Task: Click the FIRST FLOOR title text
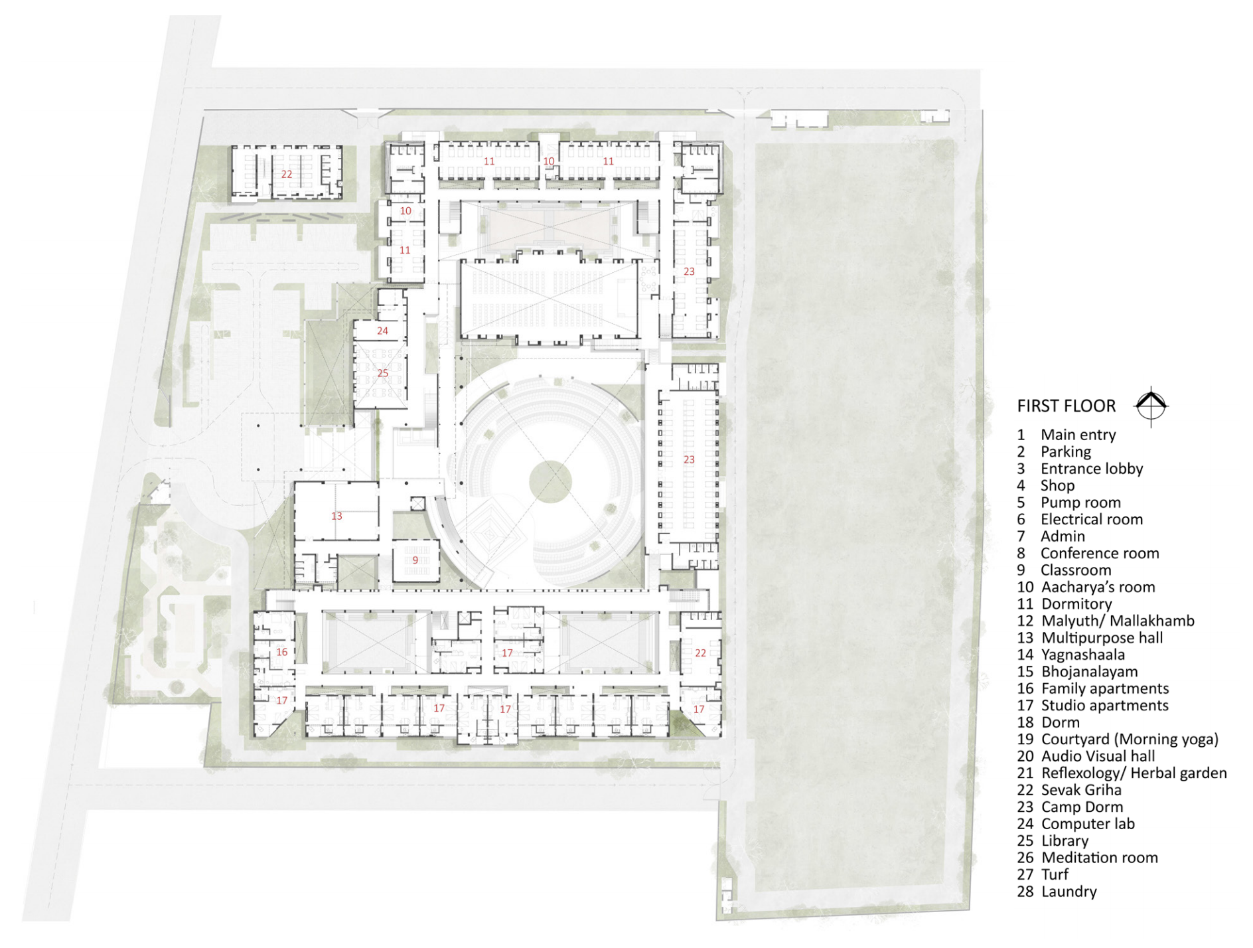(x=1066, y=406)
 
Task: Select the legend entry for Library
(x=1053, y=840)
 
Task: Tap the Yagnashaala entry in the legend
(x=1070, y=655)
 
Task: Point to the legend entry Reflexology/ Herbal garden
(x=1122, y=773)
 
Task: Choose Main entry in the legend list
(x=1067, y=434)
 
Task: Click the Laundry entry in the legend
(x=1057, y=891)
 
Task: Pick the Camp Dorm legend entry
(x=1070, y=807)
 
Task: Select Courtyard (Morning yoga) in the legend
(x=1118, y=739)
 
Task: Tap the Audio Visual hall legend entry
(x=1086, y=755)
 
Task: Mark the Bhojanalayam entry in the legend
(x=1077, y=671)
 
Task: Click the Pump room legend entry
(x=1069, y=502)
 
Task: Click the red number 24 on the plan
(x=382, y=331)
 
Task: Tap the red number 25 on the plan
(x=382, y=373)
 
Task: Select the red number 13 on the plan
(x=336, y=516)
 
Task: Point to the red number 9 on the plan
(x=415, y=560)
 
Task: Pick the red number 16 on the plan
(x=281, y=652)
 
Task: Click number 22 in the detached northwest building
(x=286, y=174)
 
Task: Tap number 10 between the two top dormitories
(x=548, y=161)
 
